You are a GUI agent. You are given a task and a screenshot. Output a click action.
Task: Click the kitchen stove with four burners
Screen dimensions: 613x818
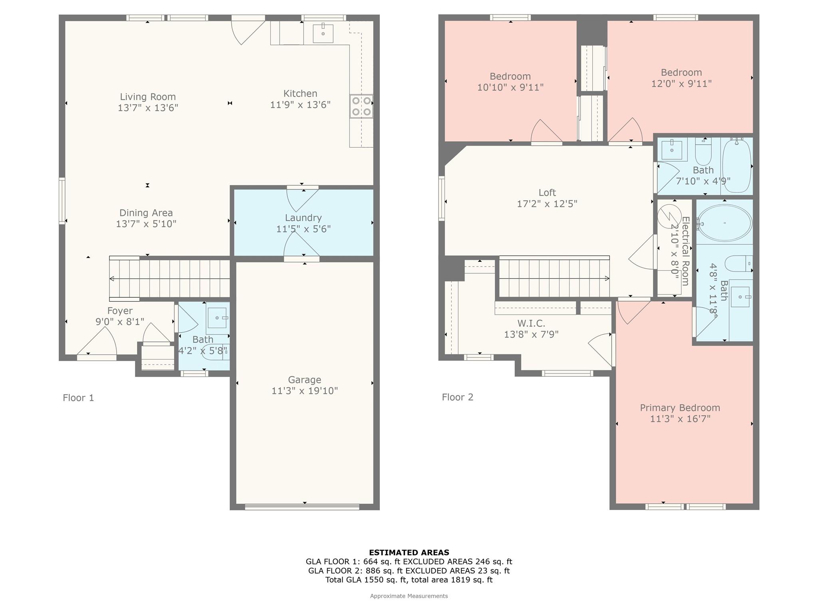click(361, 106)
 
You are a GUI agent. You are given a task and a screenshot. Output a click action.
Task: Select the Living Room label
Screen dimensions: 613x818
click(148, 97)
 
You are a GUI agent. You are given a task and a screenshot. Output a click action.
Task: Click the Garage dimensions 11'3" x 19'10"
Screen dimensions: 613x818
click(304, 391)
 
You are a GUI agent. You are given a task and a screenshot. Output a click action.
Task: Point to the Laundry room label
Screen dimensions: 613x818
click(303, 218)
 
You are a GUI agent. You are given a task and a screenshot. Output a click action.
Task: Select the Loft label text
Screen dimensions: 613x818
click(547, 192)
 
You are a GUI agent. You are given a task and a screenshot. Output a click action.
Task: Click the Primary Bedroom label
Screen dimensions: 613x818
click(680, 407)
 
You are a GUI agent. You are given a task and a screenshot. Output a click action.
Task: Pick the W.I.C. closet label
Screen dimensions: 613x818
click(531, 323)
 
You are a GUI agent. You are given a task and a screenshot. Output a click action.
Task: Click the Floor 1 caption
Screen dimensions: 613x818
click(78, 397)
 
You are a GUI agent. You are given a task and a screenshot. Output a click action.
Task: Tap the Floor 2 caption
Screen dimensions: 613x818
click(457, 397)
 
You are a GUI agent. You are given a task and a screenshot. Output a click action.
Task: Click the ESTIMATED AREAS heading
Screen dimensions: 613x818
click(409, 552)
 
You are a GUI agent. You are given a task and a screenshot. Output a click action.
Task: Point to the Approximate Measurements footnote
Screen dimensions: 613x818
click(409, 596)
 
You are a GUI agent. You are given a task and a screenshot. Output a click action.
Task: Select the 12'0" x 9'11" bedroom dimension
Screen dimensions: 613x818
click(681, 83)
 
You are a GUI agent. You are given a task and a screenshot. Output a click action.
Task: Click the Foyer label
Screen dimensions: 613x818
click(120, 310)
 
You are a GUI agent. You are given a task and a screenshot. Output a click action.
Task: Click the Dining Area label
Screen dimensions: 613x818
click(146, 213)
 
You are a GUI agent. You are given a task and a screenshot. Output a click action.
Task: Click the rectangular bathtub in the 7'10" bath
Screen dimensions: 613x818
click(737, 166)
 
